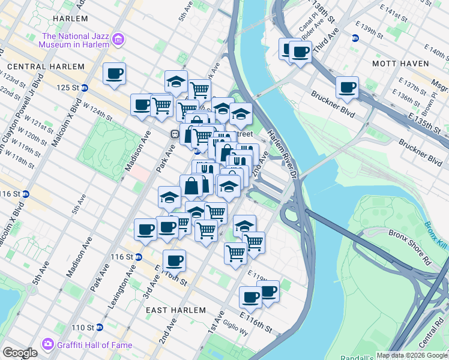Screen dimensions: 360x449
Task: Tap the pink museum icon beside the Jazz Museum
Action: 119,40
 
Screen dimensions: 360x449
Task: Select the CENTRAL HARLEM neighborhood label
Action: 46,67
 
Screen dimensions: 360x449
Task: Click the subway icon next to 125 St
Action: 85,88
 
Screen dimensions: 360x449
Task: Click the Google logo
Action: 20,353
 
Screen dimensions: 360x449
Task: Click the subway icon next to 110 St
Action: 100,328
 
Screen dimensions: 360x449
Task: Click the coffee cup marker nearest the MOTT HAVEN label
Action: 347,88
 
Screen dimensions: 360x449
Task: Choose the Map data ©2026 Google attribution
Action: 412,355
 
